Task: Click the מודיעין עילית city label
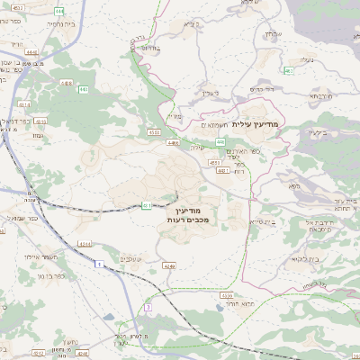(x=256, y=123)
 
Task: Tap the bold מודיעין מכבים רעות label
(x=188, y=213)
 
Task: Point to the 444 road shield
(x=58, y=10)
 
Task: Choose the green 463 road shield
(x=289, y=71)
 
